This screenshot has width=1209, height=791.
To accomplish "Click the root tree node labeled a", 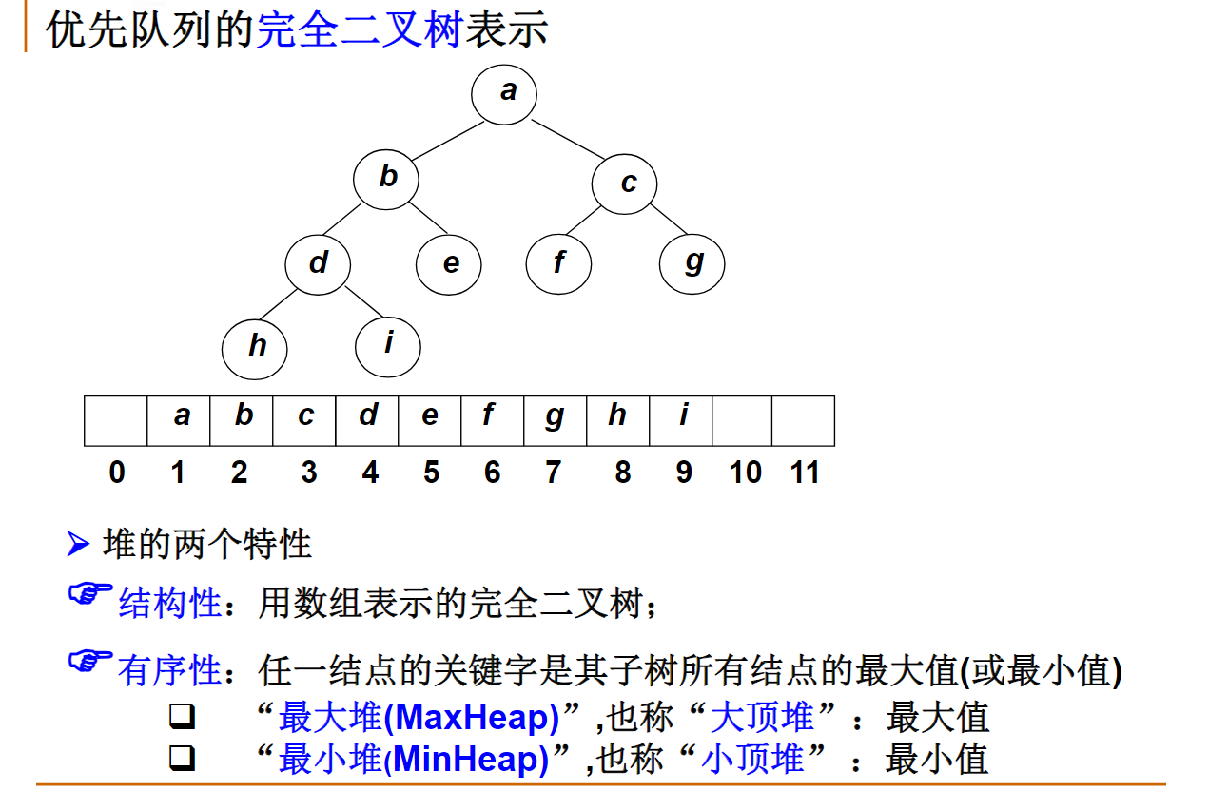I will (504, 93).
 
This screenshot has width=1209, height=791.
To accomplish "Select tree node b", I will (386, 178).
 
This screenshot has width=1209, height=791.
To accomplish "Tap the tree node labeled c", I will (624, 182).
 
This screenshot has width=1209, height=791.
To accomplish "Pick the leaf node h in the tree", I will (255, 346).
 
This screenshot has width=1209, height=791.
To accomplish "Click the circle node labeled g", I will (692, 262).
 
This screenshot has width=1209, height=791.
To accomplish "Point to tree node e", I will (449, 263).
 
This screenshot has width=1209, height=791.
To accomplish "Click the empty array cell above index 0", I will (116, 421).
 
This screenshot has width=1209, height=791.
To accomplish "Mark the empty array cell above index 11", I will (803, 421).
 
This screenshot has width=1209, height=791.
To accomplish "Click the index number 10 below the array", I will (746, 473).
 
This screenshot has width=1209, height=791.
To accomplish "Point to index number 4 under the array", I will (370, 473).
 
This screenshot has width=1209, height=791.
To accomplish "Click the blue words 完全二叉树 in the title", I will (359, 30).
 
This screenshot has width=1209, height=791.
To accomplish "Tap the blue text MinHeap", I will (472, 760).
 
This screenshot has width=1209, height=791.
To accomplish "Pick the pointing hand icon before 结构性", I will (90, 595).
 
